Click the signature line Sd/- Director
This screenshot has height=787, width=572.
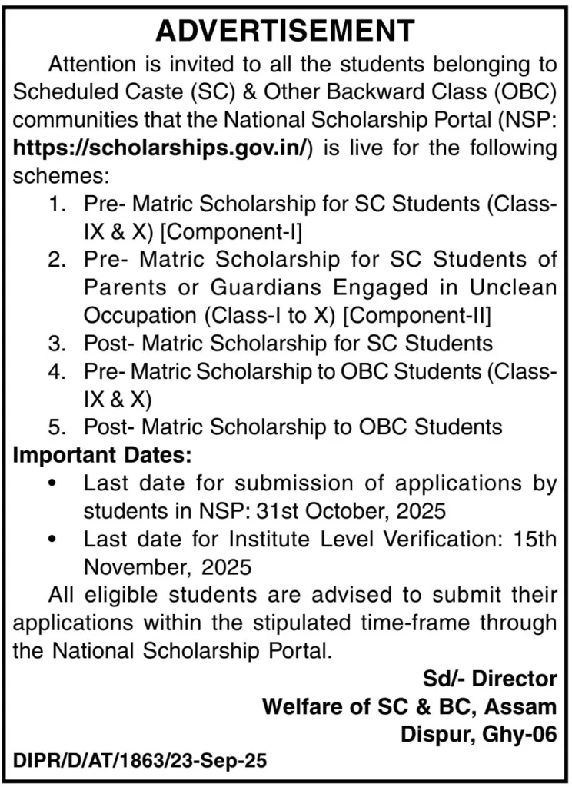(x=489, y=679)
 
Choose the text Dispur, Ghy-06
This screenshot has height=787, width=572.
(x=477, y=734)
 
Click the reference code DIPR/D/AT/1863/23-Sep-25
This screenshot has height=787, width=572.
(x=140, y=761)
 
